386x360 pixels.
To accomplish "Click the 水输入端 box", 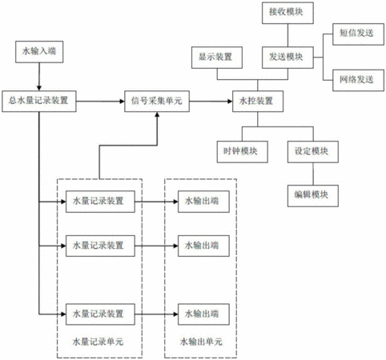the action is click(x=39, y=52).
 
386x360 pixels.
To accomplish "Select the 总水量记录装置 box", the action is click(x=39, y=102).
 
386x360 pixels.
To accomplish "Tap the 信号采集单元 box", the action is click(x=157, y=102).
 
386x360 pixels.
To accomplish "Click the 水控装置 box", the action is click(x=258, y=102).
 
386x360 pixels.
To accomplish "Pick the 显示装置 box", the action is click(x=217, y=58).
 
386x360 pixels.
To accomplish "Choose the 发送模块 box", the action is click(x=287, y=58).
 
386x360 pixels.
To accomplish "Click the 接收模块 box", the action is click(x=287, y=13).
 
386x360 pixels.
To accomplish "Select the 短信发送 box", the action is click(x=358, y=34).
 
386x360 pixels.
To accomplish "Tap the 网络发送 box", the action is click(x=358, y=80).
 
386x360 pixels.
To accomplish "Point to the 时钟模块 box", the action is click(x=242, y=152).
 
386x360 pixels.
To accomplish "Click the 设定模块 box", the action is click(x=313, y=152).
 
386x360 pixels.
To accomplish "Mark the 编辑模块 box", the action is click(x=313, y=196).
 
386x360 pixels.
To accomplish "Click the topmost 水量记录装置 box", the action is click(x=100, y=202).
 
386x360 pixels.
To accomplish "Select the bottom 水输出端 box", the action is click(x=203, y=314).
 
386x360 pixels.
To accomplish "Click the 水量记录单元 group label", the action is click(x=98, y=342).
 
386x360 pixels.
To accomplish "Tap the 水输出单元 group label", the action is click(x=201, y=342).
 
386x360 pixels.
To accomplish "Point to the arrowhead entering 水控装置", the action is click(x=230, y=102).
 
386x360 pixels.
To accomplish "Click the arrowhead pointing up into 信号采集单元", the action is click(x=157, y=114).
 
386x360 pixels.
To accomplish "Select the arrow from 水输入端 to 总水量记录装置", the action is click(x=39, y=77).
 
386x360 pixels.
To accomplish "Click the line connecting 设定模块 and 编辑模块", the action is click(x=313, y=174).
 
